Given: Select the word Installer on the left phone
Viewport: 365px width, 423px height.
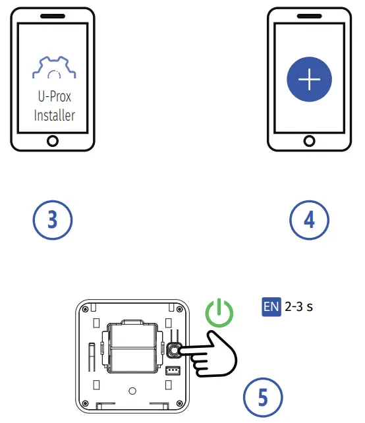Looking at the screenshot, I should pos(53,115).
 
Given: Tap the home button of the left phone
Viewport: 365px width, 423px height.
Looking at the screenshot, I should pos(53,140).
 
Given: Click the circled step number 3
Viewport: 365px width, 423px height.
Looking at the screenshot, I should pos(53,220).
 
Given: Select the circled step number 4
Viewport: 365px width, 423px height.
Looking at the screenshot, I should pos(309,220).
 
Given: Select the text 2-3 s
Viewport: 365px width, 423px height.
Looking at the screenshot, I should pos(298,306).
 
